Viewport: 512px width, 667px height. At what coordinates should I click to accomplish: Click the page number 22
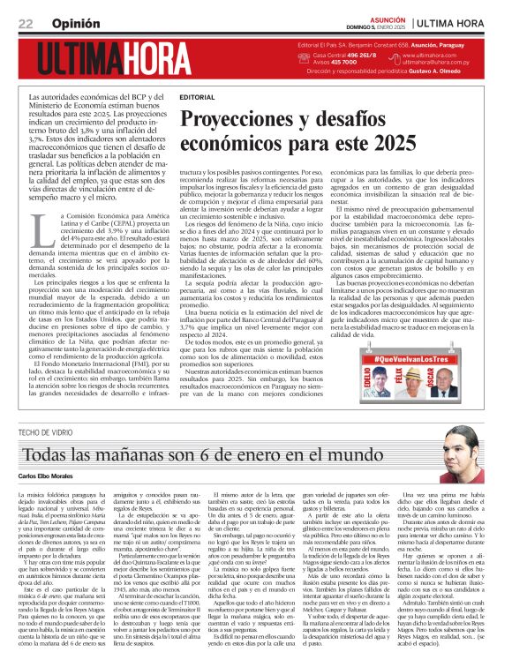(x=25, y=24)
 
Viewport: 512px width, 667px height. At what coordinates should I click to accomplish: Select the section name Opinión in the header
(x=76, y=24)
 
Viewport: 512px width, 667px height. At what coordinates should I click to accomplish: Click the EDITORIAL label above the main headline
(x=196, y=95)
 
